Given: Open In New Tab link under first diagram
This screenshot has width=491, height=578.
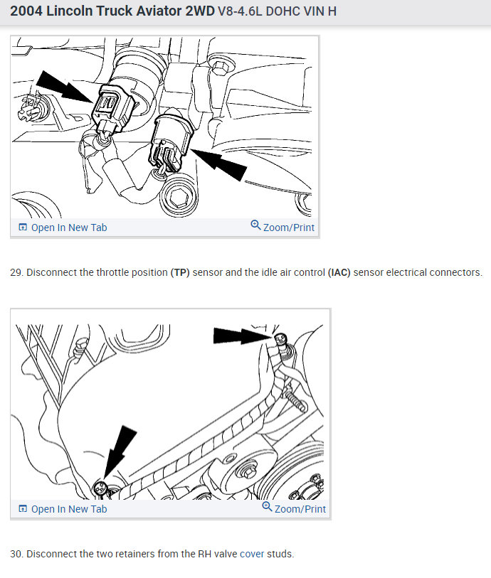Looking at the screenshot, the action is coord(63,228).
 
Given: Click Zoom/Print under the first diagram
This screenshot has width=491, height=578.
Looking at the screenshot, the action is coord(283,226).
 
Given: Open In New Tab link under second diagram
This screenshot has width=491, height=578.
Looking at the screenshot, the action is coord(63,509).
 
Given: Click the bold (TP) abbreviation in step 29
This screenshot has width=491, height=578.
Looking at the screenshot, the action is coord(180,272).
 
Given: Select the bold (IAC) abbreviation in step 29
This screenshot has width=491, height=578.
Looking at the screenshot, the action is coord(339,272).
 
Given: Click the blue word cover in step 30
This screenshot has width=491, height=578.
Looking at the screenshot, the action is coord(252,554).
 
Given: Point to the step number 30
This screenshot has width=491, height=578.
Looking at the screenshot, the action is coord(16,554).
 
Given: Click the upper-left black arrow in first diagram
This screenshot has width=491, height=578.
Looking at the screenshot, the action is coord(64,87).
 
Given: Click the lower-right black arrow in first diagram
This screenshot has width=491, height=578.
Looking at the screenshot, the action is coord(218,164).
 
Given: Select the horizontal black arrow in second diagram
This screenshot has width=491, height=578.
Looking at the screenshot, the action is coord(243,336).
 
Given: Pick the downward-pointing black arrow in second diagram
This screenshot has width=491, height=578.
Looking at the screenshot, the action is coord(120,452).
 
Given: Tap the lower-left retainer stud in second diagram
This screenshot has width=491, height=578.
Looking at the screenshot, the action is coord(100,488).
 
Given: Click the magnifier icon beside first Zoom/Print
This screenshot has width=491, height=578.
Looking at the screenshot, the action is coord(255,225).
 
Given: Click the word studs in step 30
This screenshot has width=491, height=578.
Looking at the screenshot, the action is coord(280,554).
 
